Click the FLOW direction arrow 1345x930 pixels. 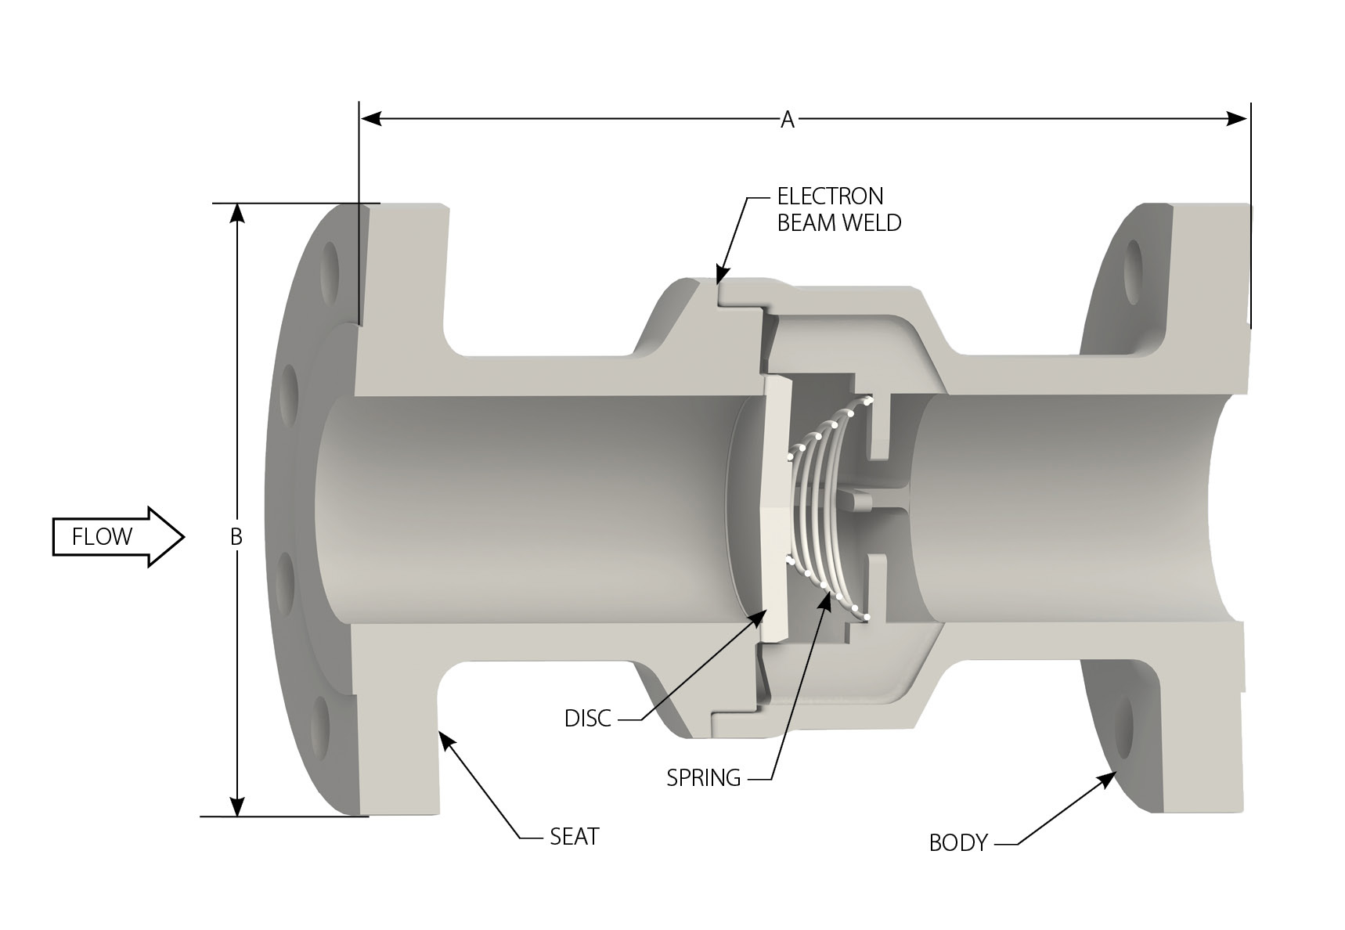(117, 537)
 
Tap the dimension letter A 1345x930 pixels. (788, 120)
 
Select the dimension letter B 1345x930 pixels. (236, 537)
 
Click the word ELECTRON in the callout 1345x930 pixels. (830, 196)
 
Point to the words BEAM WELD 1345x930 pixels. (838, 223)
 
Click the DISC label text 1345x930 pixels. (587, 719)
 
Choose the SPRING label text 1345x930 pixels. (703, 778)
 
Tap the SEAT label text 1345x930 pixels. (574, 837)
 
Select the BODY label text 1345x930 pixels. (957, 843)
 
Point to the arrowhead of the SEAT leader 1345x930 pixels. (444, 738)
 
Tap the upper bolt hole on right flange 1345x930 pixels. (1133, 271)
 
